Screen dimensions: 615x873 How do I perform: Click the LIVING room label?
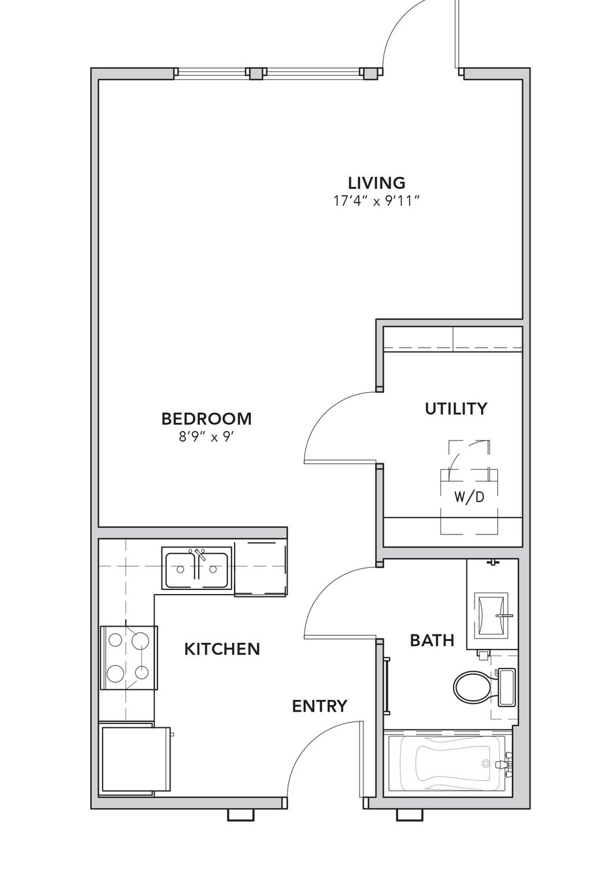coord(376,182)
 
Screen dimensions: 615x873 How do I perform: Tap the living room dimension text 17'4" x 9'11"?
coord(376,201)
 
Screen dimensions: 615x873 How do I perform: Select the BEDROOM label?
coord(207,419)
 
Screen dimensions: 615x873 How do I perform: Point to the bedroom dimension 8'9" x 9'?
coord(207,437)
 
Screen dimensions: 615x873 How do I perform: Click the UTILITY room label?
coord(456,408)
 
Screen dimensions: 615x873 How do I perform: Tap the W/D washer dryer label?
coord(469,497)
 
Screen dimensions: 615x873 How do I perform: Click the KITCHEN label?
coord(222,649)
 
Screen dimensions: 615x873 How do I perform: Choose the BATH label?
coord(432,640)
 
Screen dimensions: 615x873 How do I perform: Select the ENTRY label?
coord(320,706)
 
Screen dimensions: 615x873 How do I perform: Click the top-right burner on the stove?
coord(141,640)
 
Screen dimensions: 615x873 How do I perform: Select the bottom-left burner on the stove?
coord(116,674)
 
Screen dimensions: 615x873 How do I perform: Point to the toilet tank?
coord(507,687)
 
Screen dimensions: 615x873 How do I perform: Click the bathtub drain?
coord(486,763)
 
